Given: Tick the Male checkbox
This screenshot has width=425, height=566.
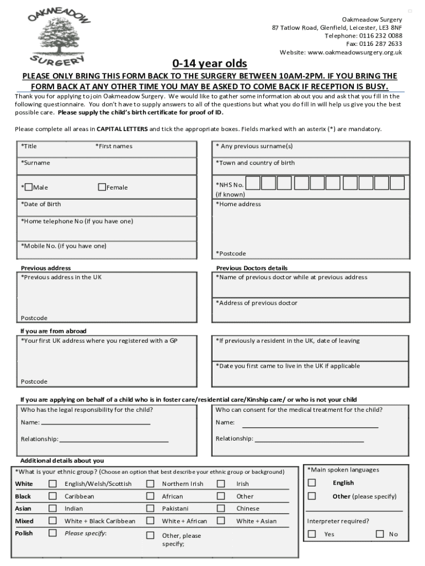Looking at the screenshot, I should pyautogui.click(x=29, y=187).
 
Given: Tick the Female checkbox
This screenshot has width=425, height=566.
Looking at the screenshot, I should pyautogui.click(x=102, y=187).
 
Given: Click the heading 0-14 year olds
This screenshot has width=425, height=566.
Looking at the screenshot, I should pyautogui.click(x=210, y=63).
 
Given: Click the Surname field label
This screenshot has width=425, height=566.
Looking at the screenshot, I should pyautogui.click(x=36, y=163).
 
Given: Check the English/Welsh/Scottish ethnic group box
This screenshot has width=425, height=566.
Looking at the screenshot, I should pyautogui.click(x=52, y=483).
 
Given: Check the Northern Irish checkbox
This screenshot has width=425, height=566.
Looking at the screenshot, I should pyautogui.click(x=150, y=483).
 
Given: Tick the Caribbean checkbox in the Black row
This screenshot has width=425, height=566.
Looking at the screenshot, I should pyautogui.click(x=52, y=496).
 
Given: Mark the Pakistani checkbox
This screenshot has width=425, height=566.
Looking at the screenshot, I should pyautogui.click(x=150, y=508).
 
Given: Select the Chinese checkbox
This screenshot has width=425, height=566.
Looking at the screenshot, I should pyautogui.click(x=221, y=508).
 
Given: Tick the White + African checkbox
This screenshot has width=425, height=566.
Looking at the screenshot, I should pyautogui.click(x=150, y=521).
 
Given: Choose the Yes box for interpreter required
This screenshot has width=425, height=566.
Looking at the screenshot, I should pyautogui.click(x=312, y=534).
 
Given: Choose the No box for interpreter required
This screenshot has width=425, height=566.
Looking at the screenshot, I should pyautogui.click(x=380, y=534).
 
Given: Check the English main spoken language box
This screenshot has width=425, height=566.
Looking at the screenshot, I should pyautogui.click(x=312, y=483).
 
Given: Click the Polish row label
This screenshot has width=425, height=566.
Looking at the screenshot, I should pyautogui.click(x=24, y=533).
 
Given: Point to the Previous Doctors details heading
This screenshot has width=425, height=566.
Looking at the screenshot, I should pyautogui.click(x=252, y=268).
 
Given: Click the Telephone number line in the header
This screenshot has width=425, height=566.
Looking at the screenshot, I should pyautogui.click(x=363, y=35).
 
